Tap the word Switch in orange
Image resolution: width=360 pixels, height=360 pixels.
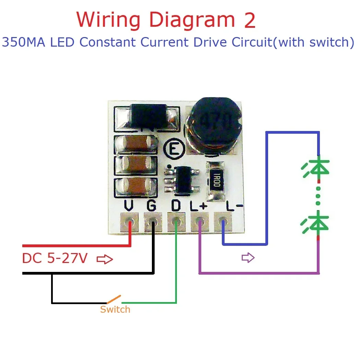(x=115, y=310)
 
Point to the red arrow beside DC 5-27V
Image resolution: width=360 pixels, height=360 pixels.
(x=105, y=260)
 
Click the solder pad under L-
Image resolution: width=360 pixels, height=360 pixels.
(x=223, y=222)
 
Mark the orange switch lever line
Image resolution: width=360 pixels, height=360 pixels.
(x=114, y=299)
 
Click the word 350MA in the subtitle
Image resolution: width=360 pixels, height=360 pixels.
(x=21, y=43)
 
